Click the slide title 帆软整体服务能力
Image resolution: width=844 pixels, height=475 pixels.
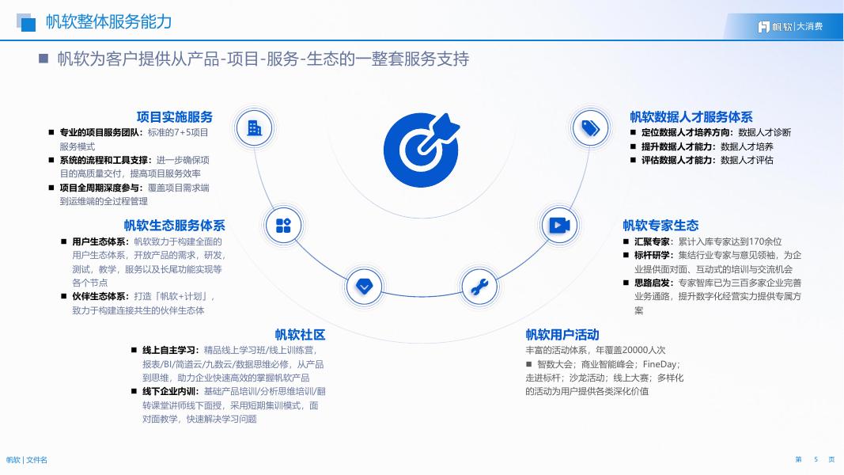[108, 22]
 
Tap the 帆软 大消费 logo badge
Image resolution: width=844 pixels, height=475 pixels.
[790, 26]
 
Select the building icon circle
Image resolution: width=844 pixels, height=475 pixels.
[255, 127]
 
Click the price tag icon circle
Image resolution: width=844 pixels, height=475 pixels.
[590, 127]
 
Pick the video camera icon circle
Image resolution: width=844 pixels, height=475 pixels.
[559, 226]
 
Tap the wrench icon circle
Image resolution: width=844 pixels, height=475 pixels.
[479, 287]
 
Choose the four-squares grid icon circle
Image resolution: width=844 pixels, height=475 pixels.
[283, 226]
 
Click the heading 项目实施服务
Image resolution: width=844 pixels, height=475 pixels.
[175, 116]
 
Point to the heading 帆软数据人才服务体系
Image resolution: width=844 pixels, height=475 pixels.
[691, 116]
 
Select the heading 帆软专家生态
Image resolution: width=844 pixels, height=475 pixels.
[660, 226]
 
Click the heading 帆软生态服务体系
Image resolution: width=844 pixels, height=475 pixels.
[174, 226]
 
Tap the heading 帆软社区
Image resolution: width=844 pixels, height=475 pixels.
[300, 334]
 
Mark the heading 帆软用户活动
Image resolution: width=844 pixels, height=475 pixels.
[562, 334]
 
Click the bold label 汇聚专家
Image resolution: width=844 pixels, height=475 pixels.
[653, 241]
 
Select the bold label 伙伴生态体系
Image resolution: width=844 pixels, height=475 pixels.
[100, 296]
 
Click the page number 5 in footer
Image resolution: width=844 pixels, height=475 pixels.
[816, 459]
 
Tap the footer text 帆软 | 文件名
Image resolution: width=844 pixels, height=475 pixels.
[27, 460]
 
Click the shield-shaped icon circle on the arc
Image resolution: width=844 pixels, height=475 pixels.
[364, 287]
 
